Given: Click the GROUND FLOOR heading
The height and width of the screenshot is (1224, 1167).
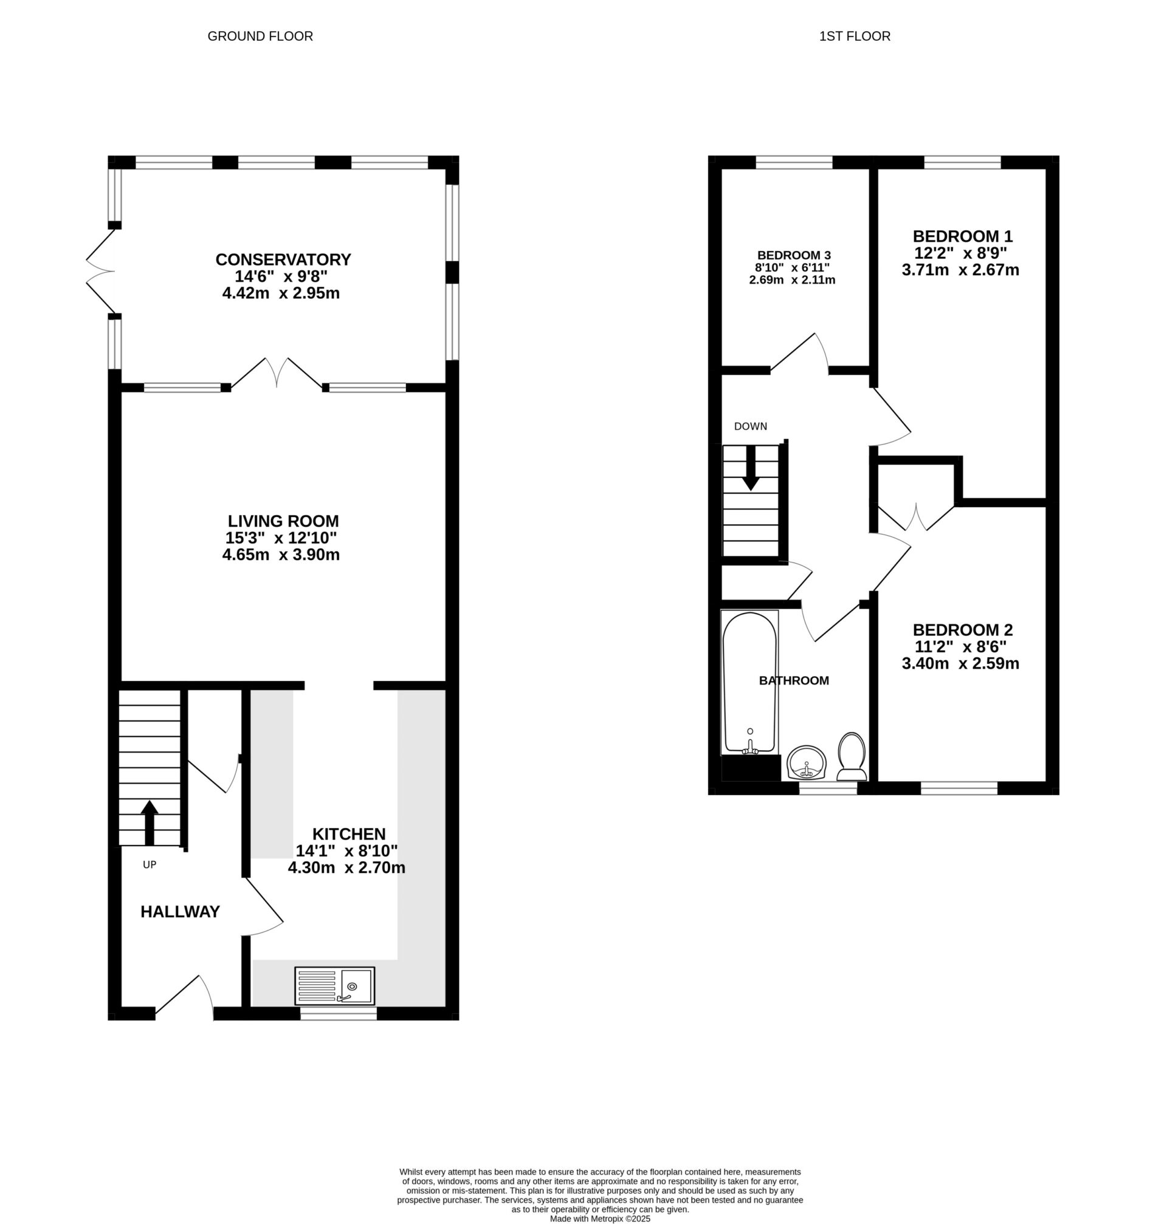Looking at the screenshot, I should (x=260, y=36).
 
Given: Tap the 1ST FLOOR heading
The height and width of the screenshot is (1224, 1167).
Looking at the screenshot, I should (x=855, y=36).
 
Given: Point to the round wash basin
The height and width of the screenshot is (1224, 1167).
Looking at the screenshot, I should (x=806, y=763).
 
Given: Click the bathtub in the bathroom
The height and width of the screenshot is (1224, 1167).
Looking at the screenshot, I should (x=749, y=682).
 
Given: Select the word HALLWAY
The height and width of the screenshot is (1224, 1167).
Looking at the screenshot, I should (x=180, y=911).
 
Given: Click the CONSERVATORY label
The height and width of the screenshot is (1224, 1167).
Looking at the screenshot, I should (x=283, y=259).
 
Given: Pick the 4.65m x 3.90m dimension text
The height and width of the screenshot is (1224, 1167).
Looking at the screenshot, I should (x=281, y=555).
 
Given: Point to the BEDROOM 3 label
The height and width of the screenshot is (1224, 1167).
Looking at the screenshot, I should (x=794, y=255).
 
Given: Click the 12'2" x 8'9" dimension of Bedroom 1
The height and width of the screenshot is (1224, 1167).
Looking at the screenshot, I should (x=960, y=253).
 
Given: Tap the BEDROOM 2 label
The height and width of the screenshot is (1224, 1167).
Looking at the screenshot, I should (x=962, y=630).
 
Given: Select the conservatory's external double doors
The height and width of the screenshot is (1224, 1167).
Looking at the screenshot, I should (x=101, y=272).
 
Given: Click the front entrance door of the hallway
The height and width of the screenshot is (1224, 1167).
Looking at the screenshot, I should (x=185, y=996).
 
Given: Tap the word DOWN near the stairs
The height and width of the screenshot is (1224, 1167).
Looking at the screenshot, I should (x=750, y=426).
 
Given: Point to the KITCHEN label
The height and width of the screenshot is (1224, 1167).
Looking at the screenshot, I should (x=349, y=833).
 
